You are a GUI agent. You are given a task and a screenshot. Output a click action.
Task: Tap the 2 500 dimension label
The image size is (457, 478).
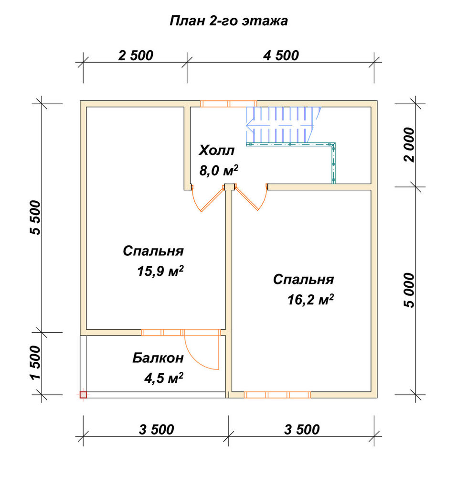click(x=136, y=55)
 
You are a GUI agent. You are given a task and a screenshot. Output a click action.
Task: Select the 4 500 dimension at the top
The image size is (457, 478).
click(x=281, y=55)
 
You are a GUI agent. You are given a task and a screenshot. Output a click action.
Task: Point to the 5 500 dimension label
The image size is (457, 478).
click(x=35, y=217)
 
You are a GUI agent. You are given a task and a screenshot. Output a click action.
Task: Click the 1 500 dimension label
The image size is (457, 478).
click(x=35, y=362)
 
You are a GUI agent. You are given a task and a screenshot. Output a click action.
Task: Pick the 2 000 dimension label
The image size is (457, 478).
click(x=410, y=144)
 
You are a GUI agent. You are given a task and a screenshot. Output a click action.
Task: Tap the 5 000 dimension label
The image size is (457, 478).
click(x=410, y=290)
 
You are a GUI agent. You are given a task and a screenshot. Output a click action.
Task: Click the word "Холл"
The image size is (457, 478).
click(x=216, y=151)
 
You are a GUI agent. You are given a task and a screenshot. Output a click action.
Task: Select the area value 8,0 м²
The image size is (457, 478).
click(x=219, y=171)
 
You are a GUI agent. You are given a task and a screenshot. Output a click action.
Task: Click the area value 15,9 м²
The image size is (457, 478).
click(x=160, y=271)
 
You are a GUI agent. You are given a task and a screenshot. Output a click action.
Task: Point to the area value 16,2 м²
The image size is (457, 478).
click(x=310, y=299)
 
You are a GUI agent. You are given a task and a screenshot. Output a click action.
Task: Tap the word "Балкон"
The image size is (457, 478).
click(x=158, y=358)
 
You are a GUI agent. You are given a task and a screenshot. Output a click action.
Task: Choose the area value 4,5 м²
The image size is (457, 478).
click(x=164, y=378)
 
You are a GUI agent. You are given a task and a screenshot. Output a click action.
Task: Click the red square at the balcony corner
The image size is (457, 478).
click(x=83, y=395)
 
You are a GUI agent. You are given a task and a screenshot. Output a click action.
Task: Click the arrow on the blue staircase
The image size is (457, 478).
click(x=279, y=125)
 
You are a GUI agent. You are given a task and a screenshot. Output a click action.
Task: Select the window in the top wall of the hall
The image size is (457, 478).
click(x=229, y=104)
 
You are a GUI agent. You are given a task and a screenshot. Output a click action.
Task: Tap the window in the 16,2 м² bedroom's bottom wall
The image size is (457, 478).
click(x=277, y=395)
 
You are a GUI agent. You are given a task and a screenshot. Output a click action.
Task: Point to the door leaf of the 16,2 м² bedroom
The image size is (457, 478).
click(x=247, y=198)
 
